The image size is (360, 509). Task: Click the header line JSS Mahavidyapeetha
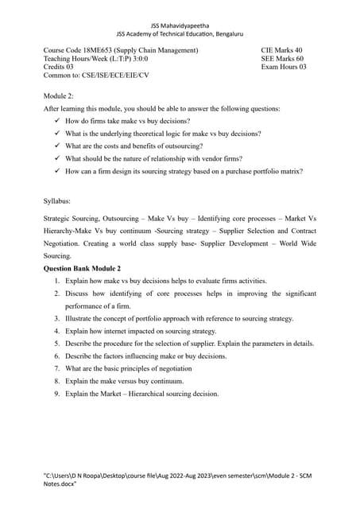[x=180, y=25]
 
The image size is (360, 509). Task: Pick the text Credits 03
[x=59, y=68]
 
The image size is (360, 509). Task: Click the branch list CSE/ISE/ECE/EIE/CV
[x=118, y=77]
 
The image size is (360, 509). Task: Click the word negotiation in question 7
[x=173, y=368]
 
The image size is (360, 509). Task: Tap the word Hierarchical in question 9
[x=149, y=393]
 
